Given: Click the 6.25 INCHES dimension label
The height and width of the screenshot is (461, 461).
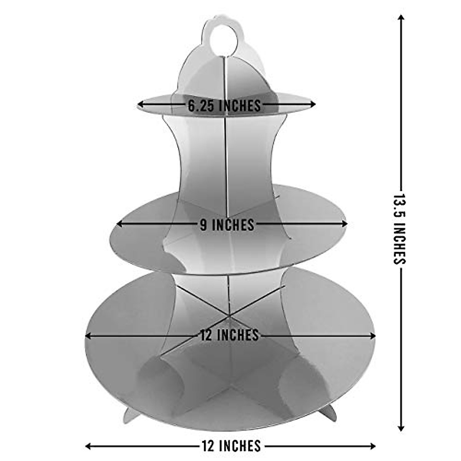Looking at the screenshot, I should click(x=224, y=105).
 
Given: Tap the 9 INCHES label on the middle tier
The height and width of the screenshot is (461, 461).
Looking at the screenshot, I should click(x=227, y=225).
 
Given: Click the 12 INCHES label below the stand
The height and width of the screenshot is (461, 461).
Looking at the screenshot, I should click(x=231, y=446).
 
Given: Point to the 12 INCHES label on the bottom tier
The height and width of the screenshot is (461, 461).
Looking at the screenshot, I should click(x=229, y=335).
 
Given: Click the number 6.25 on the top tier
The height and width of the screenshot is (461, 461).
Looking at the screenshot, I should click(x=202, y=105).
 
